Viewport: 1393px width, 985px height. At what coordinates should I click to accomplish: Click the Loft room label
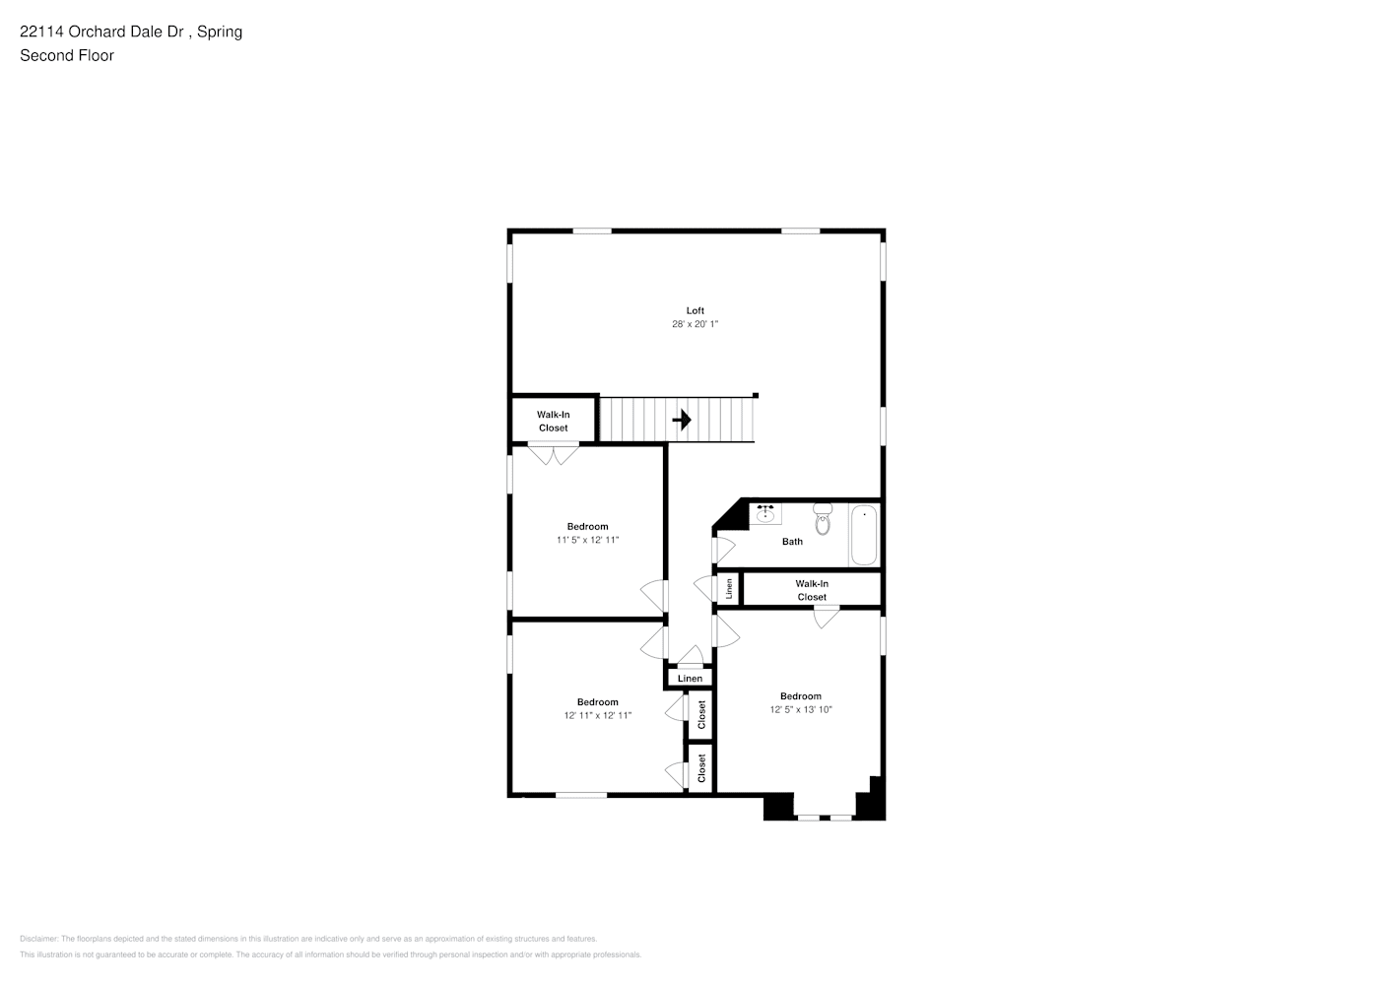(695, 310)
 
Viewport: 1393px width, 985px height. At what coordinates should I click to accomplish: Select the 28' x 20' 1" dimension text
(695, 324)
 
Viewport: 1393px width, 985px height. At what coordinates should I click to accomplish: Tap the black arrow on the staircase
(681, 421)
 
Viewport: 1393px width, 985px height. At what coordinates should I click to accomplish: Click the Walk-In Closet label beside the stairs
(553, 422)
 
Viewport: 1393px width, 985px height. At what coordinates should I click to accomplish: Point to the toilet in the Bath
(823, 519)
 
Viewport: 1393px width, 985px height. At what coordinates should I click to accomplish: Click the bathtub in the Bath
(863, 535)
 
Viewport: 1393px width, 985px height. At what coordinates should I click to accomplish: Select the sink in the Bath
(765, 513)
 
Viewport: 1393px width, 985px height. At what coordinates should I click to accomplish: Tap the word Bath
(792, 542)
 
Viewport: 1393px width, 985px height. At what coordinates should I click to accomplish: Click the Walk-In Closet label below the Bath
(812, 590)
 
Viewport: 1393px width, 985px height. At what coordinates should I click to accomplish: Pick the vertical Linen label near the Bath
(728, 589)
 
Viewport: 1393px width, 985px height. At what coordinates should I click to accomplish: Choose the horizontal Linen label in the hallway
(690, 679)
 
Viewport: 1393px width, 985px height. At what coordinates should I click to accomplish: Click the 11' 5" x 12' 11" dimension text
(587, 540)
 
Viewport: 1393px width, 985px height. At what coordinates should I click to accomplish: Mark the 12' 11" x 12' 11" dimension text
(597, 716)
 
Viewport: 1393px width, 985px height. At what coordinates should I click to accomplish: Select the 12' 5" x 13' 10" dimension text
(800, 709)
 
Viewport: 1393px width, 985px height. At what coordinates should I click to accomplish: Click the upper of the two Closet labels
(701, 715)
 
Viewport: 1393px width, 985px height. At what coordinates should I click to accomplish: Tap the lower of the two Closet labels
(701, 768)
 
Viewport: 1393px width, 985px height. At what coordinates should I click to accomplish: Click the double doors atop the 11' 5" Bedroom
(553, 454)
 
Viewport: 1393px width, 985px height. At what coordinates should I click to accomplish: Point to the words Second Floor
(67, 55)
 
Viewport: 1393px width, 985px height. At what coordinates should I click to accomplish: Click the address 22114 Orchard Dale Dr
(104, 32)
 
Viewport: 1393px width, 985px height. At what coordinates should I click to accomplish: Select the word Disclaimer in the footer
(38, 939)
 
